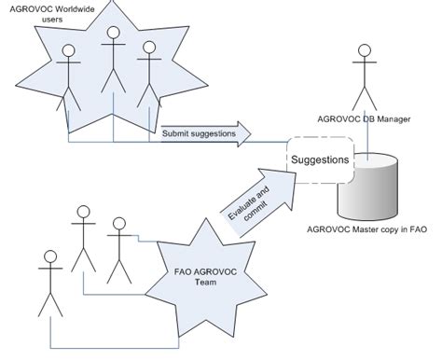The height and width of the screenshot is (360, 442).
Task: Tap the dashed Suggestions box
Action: click(x=321, y=159)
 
